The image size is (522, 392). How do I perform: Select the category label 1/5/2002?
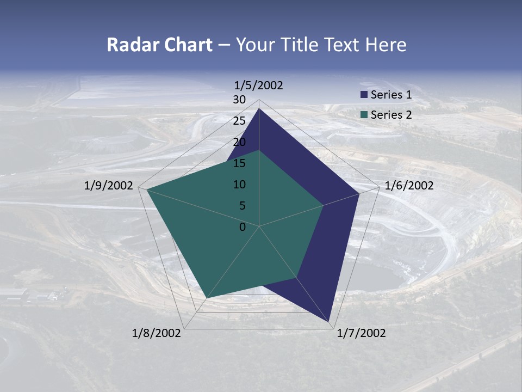(x=258, y=85)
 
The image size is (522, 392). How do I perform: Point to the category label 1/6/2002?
(x=409, y=186)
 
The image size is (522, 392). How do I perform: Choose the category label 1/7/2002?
(x=361, y=333)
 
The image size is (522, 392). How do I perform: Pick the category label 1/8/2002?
(x=157, y=333)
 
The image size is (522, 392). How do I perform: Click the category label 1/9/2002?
(x=109, y=186)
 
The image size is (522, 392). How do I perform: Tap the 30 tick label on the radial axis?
(x=239, y=100)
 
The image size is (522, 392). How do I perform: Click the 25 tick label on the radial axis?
(x=239, y=121)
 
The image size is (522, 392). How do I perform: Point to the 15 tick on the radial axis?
(x=239, y=163)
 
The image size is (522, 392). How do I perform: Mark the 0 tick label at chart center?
(x=243, y=227)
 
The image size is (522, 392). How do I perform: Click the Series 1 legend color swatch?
(x=364, y=95)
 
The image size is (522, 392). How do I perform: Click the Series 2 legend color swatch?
(x=364, y=115)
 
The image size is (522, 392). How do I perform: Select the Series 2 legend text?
(x=391, y=115)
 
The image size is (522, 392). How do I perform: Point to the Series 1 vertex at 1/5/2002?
(x=259, y=109)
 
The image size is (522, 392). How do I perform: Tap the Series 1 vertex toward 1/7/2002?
(x=330, y=322)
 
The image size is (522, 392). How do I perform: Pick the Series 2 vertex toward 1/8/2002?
(x=207, y=298)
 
